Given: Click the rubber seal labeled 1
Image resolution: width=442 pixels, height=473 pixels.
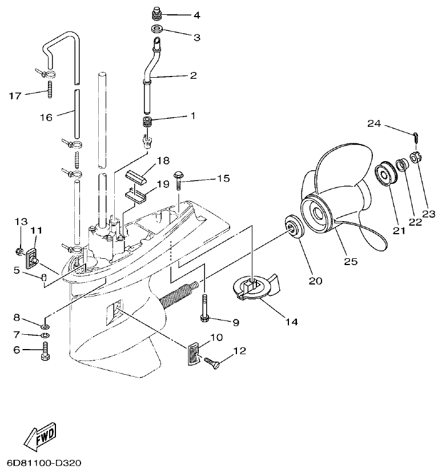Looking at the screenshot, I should click(149, 122).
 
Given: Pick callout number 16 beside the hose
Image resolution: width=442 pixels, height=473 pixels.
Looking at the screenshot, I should click(46, 117).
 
